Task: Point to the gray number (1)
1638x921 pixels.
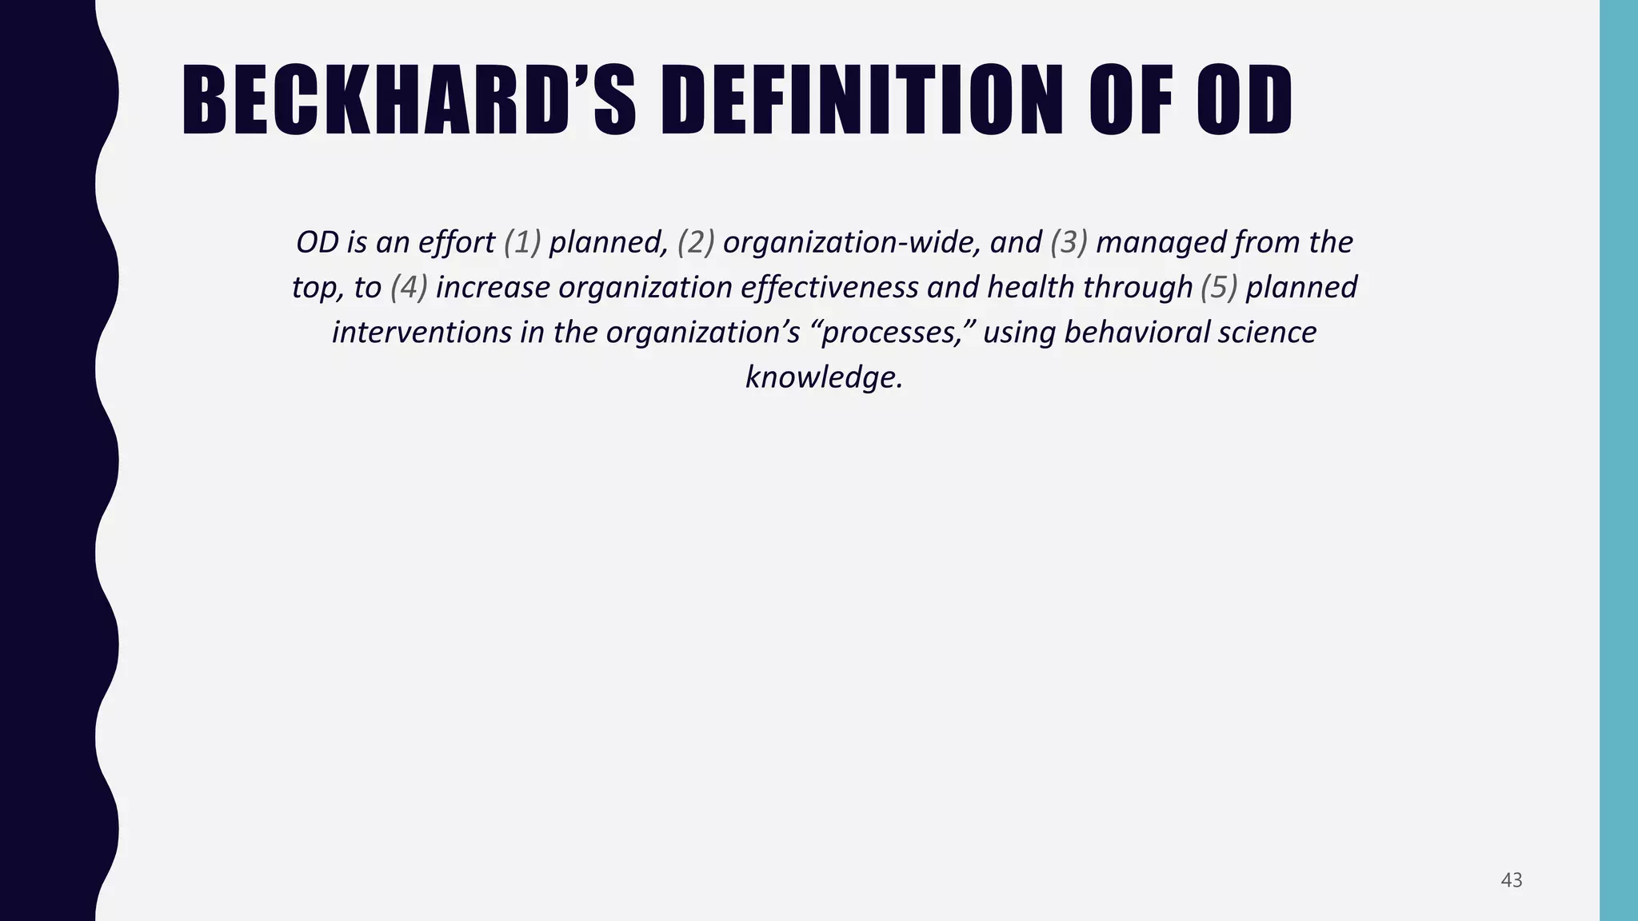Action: pos(522,242)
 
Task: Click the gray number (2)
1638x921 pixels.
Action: pos(696,242)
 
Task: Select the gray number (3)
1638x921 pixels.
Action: pos(1069,242)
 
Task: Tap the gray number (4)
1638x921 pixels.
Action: pos(409,287)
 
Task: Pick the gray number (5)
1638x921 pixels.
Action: pos(1219,287)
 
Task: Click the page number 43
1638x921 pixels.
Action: pos(1511,880)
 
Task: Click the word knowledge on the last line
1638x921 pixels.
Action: pos(824,377)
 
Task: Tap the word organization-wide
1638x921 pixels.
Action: pos(852,242)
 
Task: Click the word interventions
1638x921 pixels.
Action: pos(421,332)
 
